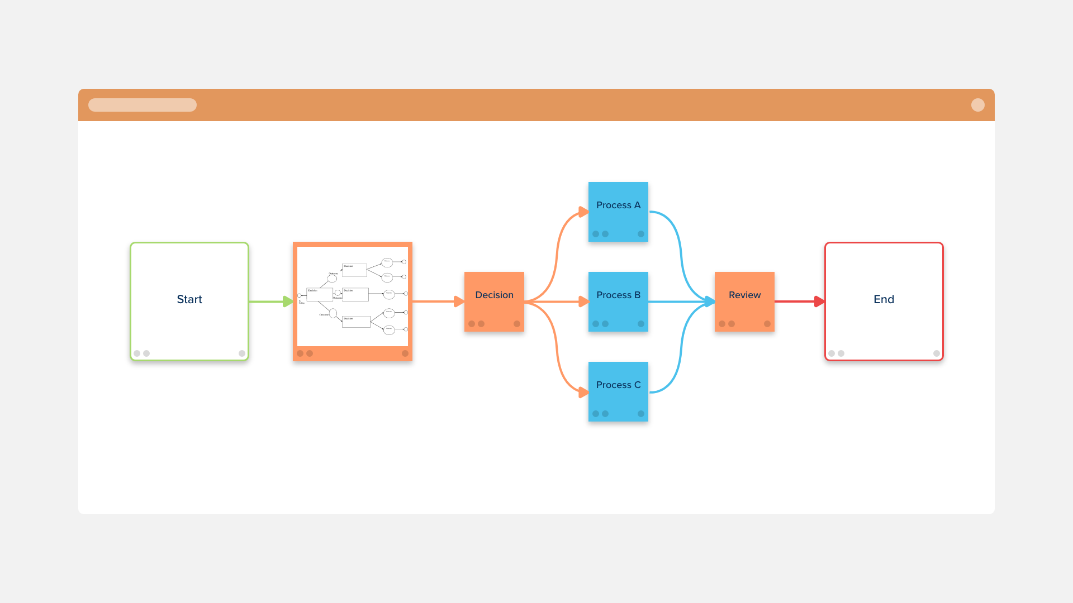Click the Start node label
(x=189, y=299)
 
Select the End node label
(x=884, y=299)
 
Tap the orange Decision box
(x=494, y=301)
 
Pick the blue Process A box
(x=618, y=212)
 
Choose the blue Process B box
(x=618, y=301)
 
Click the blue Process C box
(x=618, y=391)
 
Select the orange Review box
(x=744, y=301)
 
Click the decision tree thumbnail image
(x=353, y=296)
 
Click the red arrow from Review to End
(x=796, y=301)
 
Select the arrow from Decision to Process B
(x=556, y=301)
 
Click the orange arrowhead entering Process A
(x=583, y=212)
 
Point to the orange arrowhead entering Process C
(x=583, y=393)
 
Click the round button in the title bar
(x=977, y=105)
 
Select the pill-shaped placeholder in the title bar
(x=143, y=105)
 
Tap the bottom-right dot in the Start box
(x=242, y=353)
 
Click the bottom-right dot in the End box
(x=937, y=353)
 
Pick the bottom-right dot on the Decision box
(x=517, y=324)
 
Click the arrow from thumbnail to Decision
(x=436, y=301)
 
